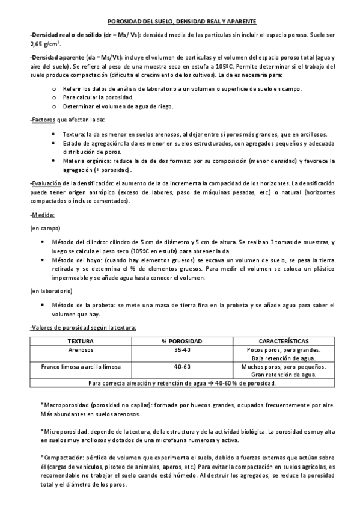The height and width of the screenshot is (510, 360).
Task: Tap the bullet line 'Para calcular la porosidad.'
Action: pyautogui.click(x=98, y=97)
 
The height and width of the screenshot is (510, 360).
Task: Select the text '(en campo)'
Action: pyautogui.click(x=43, y=228)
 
